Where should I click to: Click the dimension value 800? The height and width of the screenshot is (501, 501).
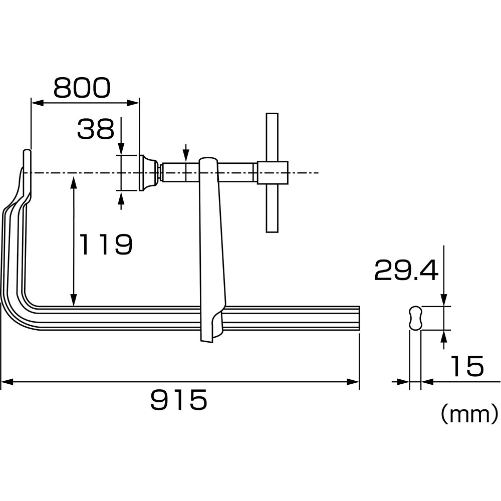pos(82,88)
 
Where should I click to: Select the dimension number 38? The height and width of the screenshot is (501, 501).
pos(95,129)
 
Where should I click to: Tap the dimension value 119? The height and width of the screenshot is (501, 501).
pos(106,244)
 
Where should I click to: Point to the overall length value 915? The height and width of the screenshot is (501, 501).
pos(179,400)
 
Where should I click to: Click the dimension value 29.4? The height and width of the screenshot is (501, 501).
pos(406,271)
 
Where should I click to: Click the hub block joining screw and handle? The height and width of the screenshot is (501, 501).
pos(273,173)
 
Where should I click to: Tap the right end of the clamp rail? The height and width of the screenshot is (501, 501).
pos(358,318)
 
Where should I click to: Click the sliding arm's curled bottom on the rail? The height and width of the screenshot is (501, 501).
pos(213,328)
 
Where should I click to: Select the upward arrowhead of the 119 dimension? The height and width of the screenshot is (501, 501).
pos(74,180)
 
